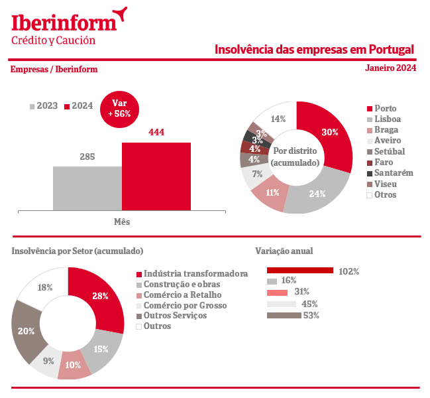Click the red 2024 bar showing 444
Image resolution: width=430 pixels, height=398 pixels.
coord(156,176)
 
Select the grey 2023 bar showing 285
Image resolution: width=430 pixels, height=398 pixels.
coord(87,188)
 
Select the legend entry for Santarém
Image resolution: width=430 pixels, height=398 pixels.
coord(393,173)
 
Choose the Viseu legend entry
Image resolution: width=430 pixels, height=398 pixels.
coord(385,184)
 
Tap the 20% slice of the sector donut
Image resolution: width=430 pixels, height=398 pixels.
coord(27,331)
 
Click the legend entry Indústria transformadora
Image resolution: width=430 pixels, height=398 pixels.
coord(195,273)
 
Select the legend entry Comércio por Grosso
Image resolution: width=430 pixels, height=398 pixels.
coord(184,305)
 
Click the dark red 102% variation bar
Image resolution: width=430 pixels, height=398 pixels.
coord(299,271)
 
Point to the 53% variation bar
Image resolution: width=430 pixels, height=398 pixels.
coord(283,315)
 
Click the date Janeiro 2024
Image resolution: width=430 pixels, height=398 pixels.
coord(390,68)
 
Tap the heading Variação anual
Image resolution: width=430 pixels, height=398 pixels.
coord(284,251)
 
